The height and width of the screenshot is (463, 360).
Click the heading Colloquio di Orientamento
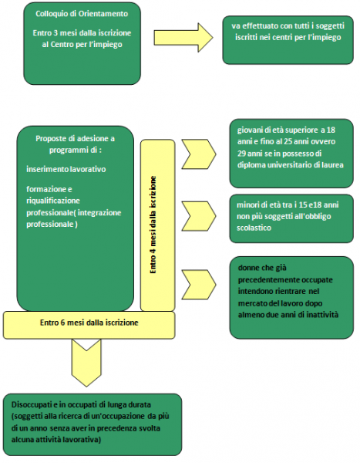(82, 14)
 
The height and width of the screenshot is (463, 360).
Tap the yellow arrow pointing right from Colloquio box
(183, 38)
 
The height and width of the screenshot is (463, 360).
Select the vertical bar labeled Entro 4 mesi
(157, 225)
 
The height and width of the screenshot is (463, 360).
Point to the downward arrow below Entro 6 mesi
(86, 363)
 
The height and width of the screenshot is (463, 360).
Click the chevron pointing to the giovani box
(199, 154)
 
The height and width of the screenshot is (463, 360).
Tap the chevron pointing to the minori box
(199, 216)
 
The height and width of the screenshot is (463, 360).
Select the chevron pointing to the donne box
(199, 284)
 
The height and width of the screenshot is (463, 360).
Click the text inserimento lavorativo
(66, 169)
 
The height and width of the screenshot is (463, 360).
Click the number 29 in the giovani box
(242, 154)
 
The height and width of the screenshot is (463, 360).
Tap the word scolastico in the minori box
(254, 228)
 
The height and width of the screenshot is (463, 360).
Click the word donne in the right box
(247, 268)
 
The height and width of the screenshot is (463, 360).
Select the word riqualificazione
(53, 201)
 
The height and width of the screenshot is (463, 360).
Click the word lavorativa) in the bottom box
(86, 440)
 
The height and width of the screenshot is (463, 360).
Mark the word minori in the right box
(246, 205)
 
